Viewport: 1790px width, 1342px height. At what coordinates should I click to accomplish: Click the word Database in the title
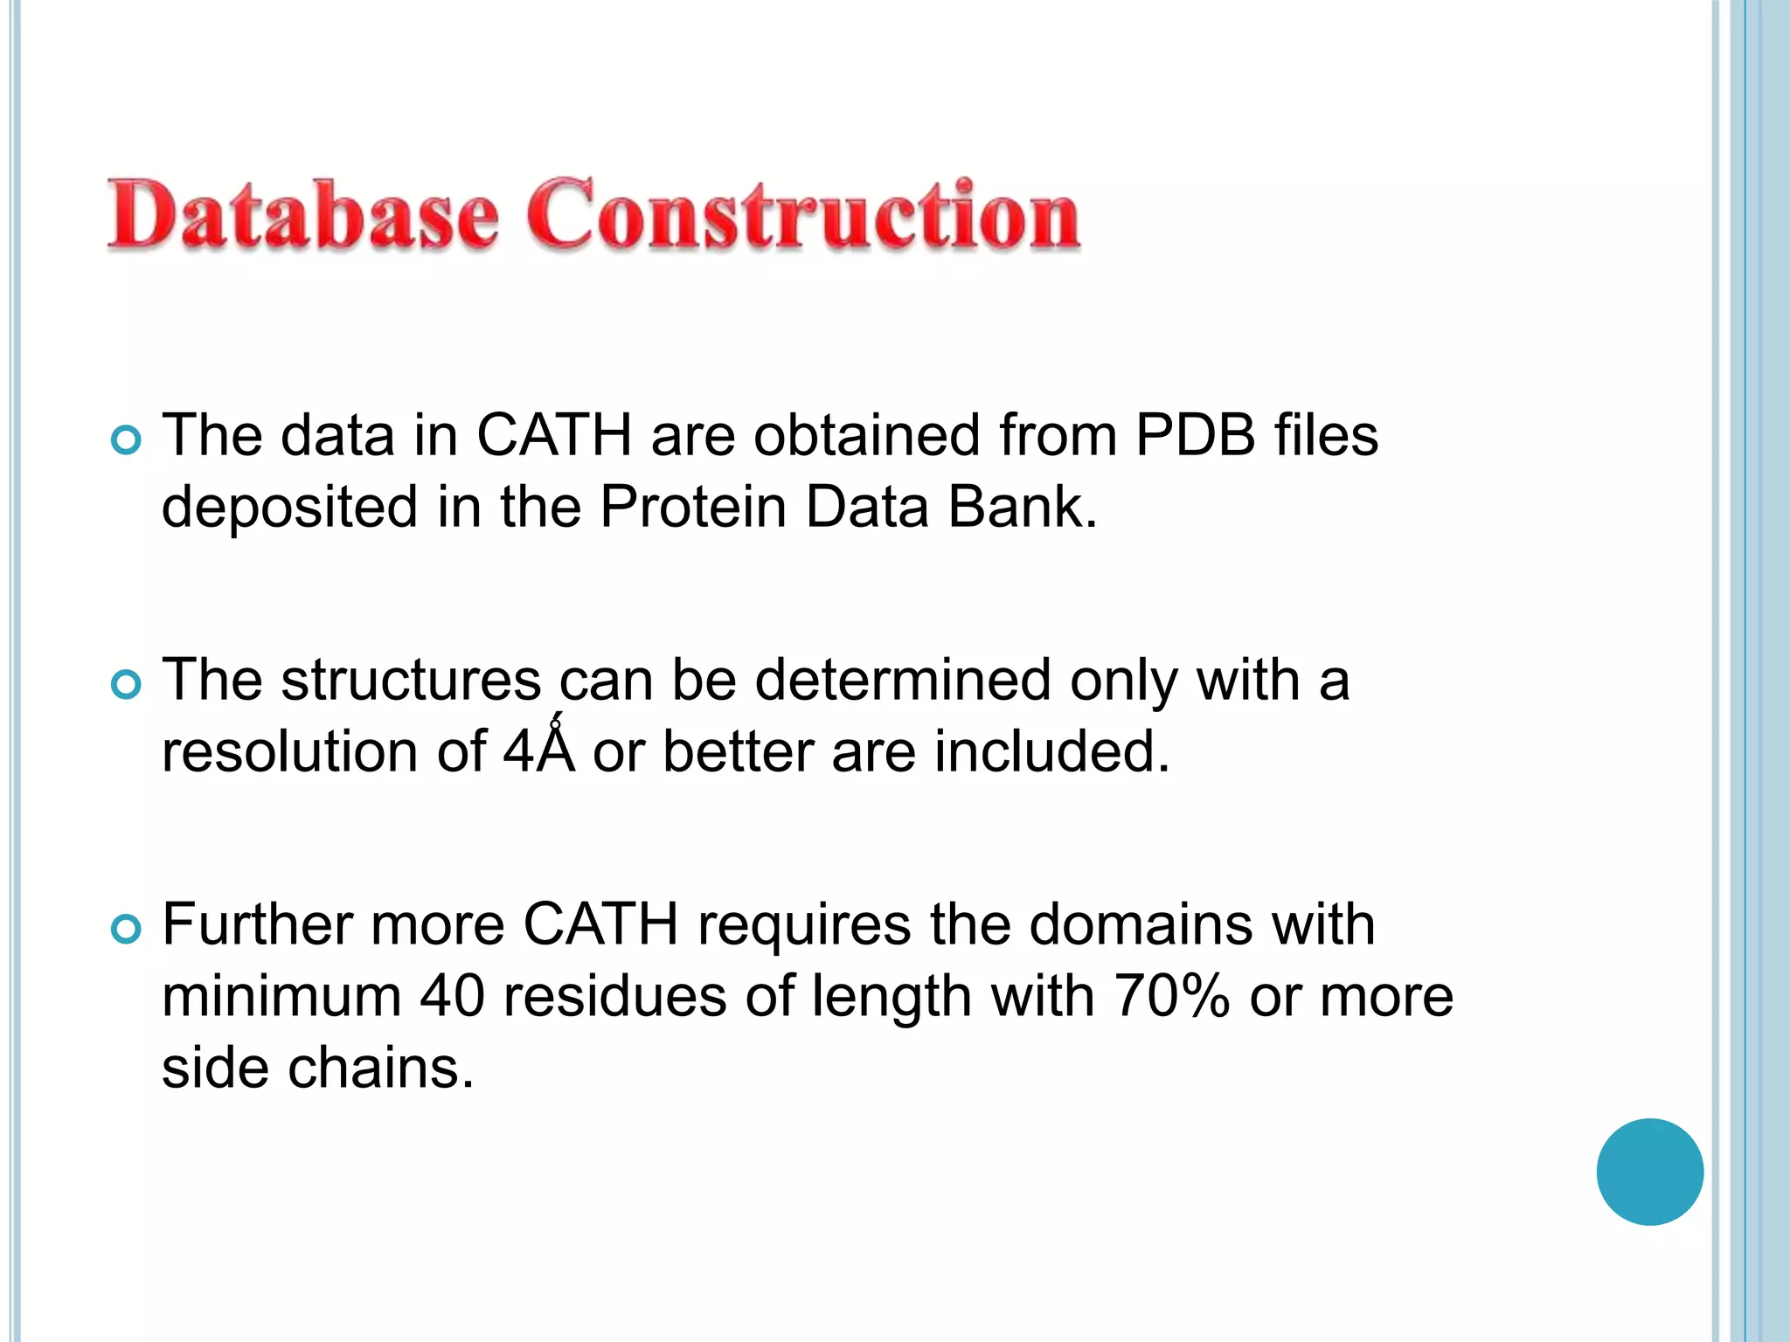coord(302,214)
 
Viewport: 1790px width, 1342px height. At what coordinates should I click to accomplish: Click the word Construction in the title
coord(802,214)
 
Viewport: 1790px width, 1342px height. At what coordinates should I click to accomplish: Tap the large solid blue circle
coord(1649,1172)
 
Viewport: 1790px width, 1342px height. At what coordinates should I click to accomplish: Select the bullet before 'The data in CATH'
coord(127,439)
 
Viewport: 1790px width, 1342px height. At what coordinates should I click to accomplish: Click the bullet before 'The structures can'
coord(127,684)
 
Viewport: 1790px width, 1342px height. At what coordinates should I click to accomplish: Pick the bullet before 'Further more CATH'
coord(127,929)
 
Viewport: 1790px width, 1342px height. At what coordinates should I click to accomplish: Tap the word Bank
coord(1022,507)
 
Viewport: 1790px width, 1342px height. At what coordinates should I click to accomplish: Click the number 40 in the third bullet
coord(452,996)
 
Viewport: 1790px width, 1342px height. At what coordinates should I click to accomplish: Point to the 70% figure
coord(1171,996)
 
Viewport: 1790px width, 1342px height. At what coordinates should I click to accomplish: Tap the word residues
coord(614,996)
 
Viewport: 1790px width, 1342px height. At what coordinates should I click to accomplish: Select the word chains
coord(380,1068)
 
